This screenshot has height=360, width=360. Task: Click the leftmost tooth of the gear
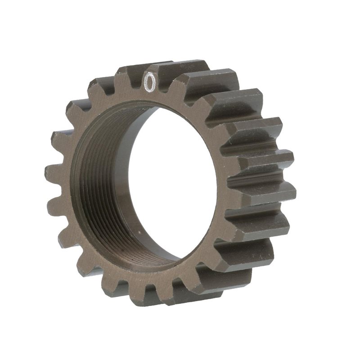click(52, 173)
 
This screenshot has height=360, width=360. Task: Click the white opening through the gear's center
click(180, 180)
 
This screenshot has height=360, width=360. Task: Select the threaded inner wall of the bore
click(90, 189)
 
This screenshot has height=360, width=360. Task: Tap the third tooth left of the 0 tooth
click(74, 110)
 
